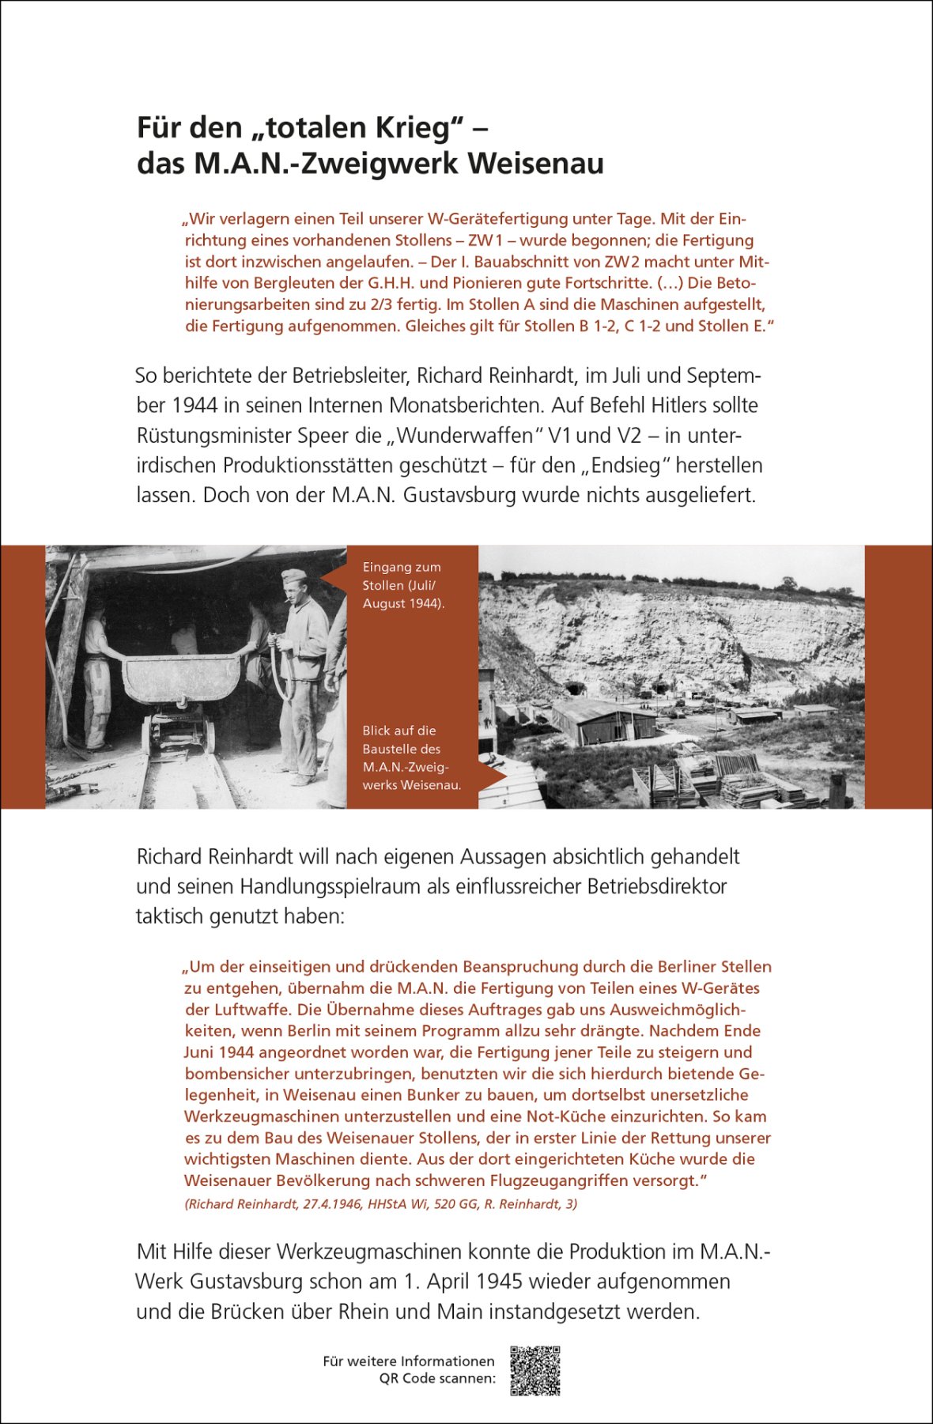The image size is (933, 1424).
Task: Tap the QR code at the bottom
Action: (x=534, y=1370)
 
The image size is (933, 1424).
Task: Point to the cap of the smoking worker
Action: (x=293, y=576)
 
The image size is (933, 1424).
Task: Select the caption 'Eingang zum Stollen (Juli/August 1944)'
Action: (x=402, y=585)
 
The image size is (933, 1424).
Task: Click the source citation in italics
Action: (x=380, y=1204)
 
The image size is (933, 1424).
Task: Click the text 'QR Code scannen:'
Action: (x=437, y=1378)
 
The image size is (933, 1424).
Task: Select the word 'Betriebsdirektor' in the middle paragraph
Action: (x=656, y=886)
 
